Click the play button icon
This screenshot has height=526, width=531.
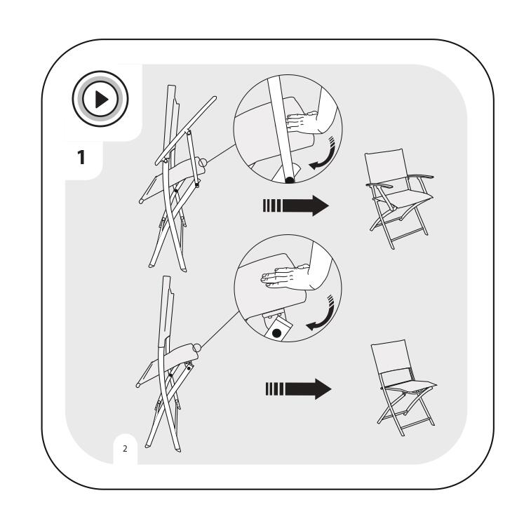(x=100, y=99)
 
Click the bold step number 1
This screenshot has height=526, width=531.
(x=81, y=157)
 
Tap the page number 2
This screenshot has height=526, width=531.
(x=125, y=448)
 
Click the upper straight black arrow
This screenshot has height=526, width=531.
(x=295, y=205)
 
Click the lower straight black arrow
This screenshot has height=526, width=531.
(x=298, y=389)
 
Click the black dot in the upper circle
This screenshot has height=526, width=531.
(x=290, y=180)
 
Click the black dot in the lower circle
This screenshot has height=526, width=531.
(x=276, y=333)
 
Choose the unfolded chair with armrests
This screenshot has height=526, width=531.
(x=399, y=198)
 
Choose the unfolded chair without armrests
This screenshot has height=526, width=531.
(x=403, y=387)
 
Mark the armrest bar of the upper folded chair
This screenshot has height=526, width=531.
(x=186, y=130)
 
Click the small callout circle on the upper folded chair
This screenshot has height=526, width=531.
(x=202, y=163)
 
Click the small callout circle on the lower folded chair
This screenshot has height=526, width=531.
(x=196, y=347)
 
